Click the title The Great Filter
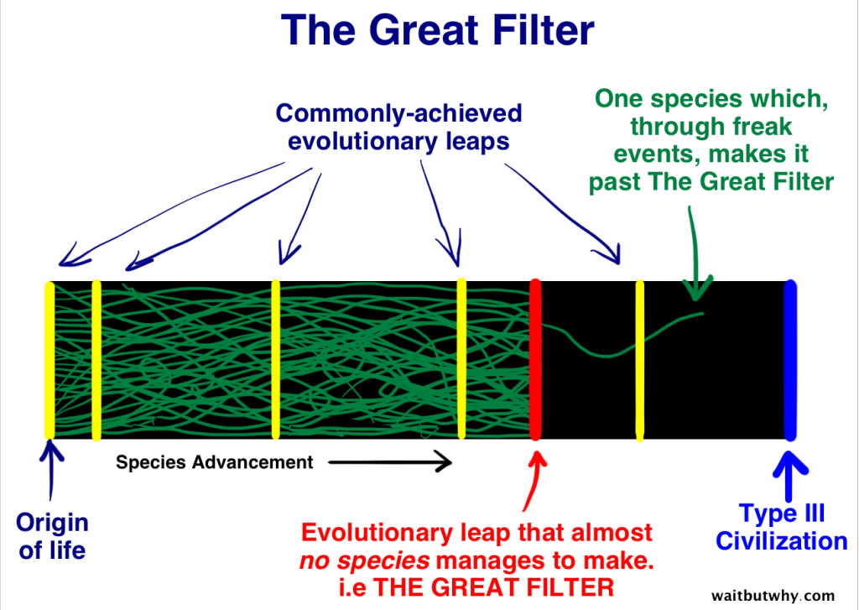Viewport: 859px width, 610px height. coord(439,30)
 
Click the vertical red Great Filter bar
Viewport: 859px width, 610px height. coord(536,361)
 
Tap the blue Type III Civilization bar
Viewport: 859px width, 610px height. coord(789,361)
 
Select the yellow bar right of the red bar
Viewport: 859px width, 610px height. coord(640,361)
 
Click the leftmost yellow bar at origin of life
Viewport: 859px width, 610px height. coord(49,361)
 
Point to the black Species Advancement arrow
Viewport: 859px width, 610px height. coord(390,462)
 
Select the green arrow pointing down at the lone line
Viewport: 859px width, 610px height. coord(692,252)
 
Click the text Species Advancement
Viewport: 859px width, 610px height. coord(214,462)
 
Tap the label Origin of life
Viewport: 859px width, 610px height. coord(52,537)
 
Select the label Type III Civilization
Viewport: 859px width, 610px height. coord(781,528)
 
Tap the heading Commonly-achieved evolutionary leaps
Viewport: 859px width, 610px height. coord(398,127)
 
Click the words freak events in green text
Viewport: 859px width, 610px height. coord(713,142)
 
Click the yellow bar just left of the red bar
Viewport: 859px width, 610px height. coord(461,361)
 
